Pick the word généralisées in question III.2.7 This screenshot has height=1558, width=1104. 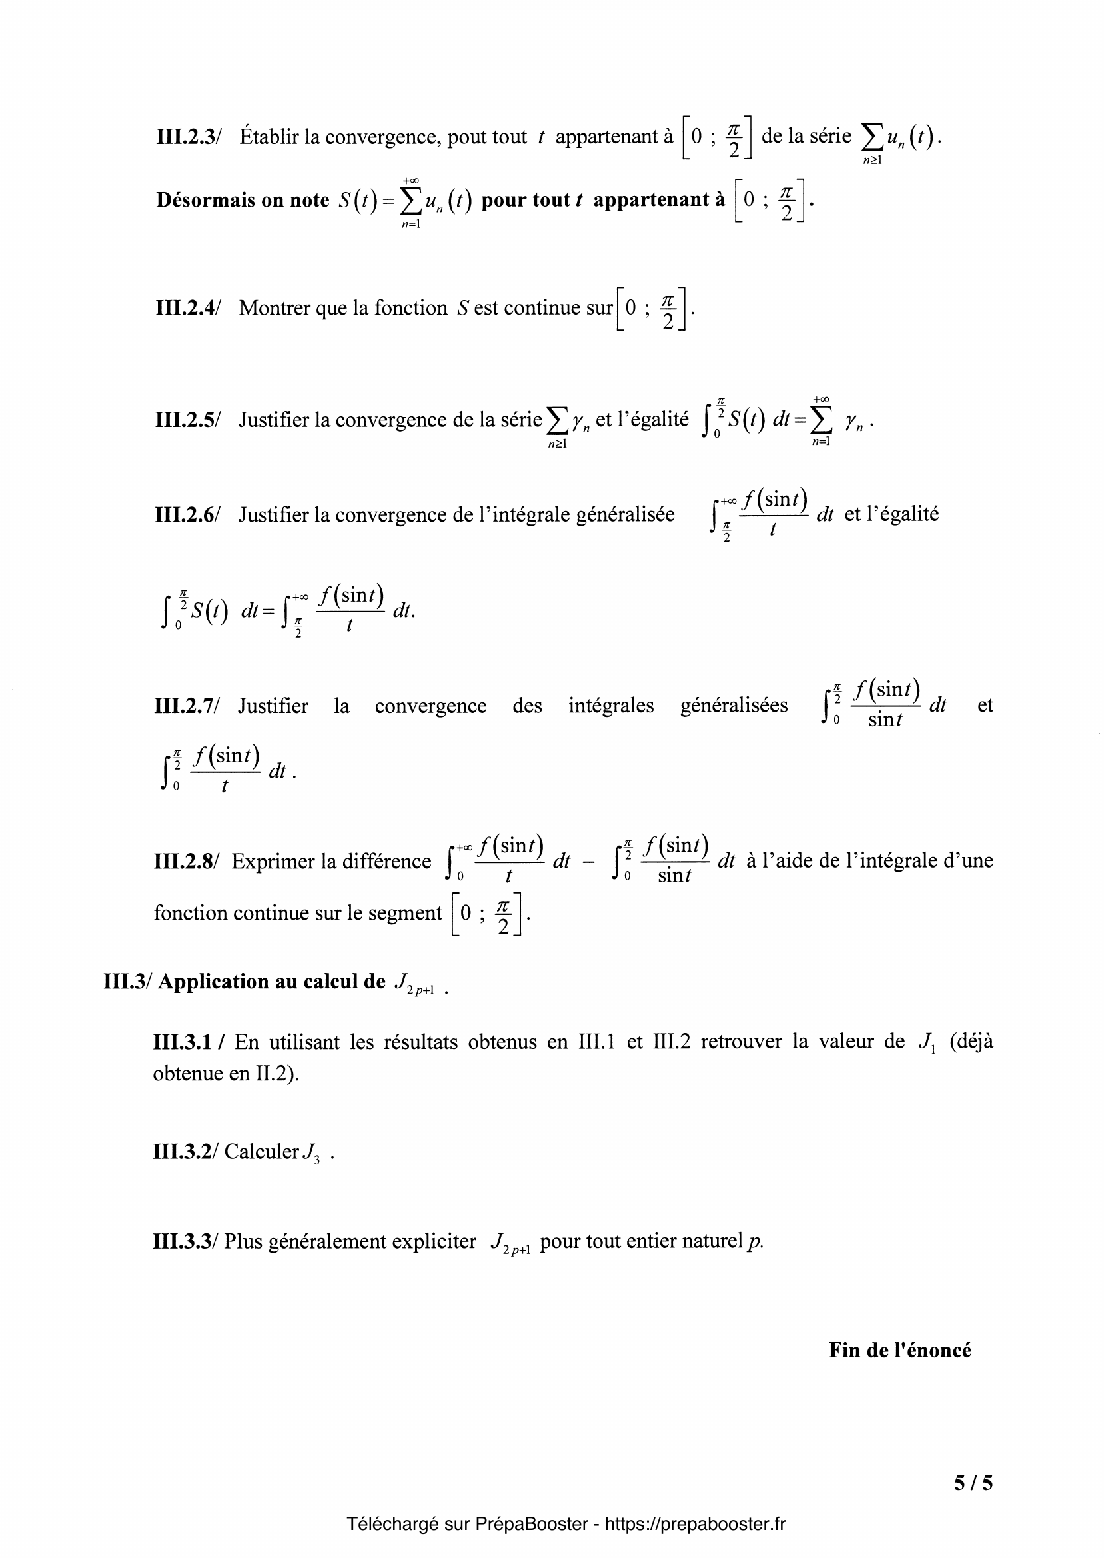click(x=734, y=706)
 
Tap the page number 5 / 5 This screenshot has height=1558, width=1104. click(x=973, y=1483)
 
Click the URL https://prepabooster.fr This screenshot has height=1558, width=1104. click(x=694, y=1524)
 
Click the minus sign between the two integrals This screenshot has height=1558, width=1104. click(x=589, y=862)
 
